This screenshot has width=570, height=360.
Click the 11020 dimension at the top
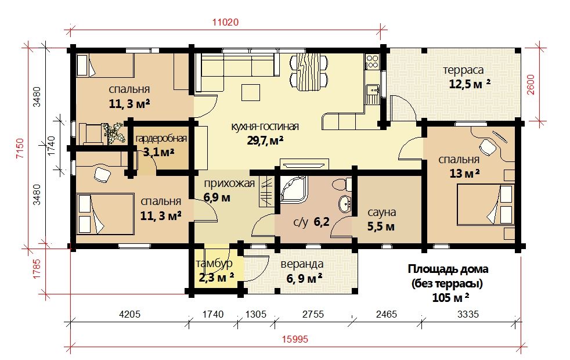click(225, 22)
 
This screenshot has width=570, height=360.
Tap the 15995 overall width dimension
click(295, 339)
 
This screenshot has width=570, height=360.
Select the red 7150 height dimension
click(20, 148)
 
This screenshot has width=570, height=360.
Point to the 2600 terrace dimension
click(531, 84)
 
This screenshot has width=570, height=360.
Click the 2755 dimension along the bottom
click(313, 314)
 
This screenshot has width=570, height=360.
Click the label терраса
click(464, 70)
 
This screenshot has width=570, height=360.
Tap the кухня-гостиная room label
click(265, 127)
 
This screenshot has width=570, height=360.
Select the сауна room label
click(381, 213)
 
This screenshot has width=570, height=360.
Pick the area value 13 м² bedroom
click(464, 174)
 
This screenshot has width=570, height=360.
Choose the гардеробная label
click(161, 139)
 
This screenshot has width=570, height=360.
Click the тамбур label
click(214, 264)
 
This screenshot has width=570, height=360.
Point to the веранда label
click(302, 264)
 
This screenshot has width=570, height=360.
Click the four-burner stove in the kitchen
click(372, 62)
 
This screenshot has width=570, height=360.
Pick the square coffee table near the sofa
click(251, 93)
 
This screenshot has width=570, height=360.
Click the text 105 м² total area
click(450, 298)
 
